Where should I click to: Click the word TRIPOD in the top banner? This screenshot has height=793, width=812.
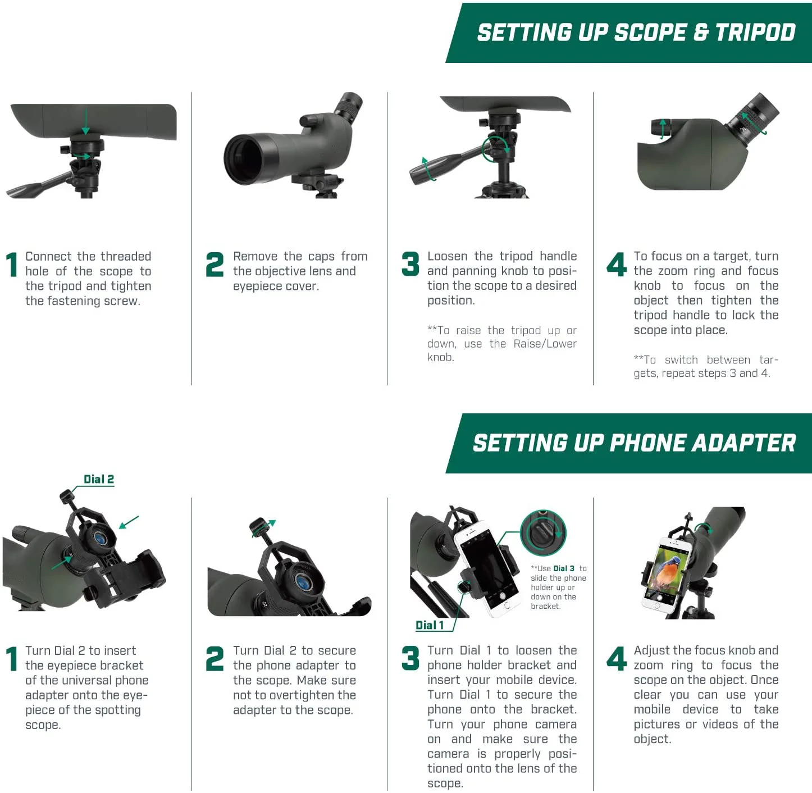(x=755, y=33)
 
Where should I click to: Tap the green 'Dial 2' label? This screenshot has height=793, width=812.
(x=99, y=479)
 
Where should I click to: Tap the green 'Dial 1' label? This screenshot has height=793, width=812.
(x=430, y=625)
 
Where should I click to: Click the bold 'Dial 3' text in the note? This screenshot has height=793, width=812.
(x=564, y=568)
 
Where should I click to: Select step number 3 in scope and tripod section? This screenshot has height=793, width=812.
(x=410, y=265)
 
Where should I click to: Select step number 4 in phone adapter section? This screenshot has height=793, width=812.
(x=617, y=659)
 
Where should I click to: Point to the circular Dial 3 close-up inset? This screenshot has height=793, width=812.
(x=543, y=533)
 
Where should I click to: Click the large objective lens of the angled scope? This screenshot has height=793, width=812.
(x=245, y=159)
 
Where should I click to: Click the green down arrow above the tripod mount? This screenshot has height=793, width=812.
(x=85, y=121)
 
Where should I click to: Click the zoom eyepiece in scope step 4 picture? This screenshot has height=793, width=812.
(x=756, y=115)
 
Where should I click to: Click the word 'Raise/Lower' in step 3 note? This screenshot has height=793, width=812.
(x=545, y=344)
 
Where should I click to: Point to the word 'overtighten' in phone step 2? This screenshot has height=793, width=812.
(x=296, y=695)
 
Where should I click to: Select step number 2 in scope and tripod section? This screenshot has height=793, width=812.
(x=215, y=265)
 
